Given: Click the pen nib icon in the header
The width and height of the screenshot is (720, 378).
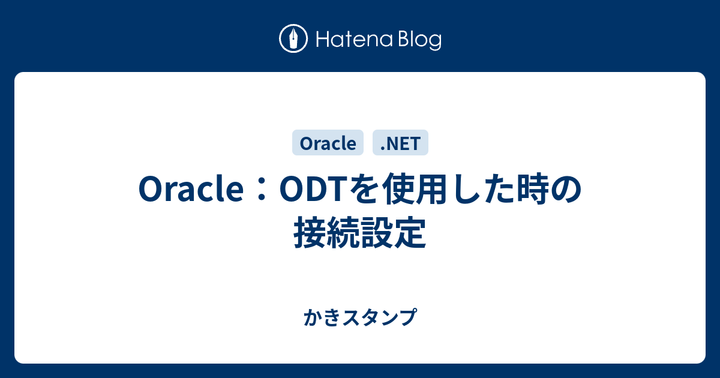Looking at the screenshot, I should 293,39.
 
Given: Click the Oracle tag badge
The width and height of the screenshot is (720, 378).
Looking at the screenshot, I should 328,143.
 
